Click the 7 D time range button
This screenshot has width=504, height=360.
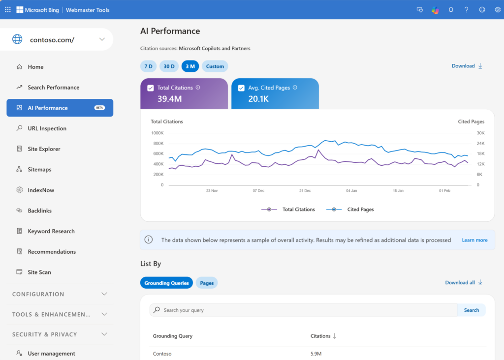(148, 66)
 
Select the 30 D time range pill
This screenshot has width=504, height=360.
(169, 66)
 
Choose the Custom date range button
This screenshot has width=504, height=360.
(215, 66)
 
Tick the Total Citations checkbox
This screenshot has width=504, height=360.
(151, 88)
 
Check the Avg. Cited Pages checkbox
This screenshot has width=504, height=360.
(241, 88)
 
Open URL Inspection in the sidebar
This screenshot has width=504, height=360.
(47, 128)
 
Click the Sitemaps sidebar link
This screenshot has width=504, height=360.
(39, 170)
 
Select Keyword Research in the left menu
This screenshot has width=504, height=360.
(51, 231)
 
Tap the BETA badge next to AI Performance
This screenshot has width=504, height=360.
(99, 108)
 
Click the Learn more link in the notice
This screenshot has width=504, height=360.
(474, 240)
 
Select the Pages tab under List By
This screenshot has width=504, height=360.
(207, 283)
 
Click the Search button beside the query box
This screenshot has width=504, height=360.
(471, 310)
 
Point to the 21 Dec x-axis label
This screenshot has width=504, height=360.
(305, 190)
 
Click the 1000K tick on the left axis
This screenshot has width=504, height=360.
(157, 133)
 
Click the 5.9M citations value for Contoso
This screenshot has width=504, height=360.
(316, 354)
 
